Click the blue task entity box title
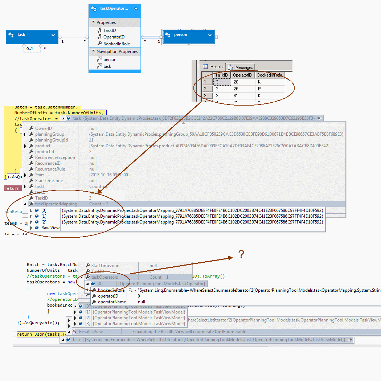pyautogui.click(x=21, y=35)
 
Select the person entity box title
pyautogui.click(x=181, y=35)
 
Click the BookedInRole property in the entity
pyautogui.click(x=116, y=44)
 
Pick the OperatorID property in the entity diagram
pyautogui.click(x=114, y=37)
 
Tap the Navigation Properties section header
pyautogui.click(x=117, y=52)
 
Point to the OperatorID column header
pyautogui.click(x=242, y=75)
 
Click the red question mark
pyautogui.click(x=241, y=255)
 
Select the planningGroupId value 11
pyautogui.click(x=91, y=140)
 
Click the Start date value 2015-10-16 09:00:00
pyautogui.click(x=109, y=175)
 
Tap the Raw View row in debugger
pyautogui.click(x=50, y=228)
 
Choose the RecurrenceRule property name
pyautogui.click(x=50, y=169)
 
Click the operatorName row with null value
pyautogui.click(x=112, y=302)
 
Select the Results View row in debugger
pyautogui.click(x=91, y=332)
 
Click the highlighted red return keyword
pyautogui.click(x=12, y=188)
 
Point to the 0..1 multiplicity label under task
pyautogui.click(x=30, y=49)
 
